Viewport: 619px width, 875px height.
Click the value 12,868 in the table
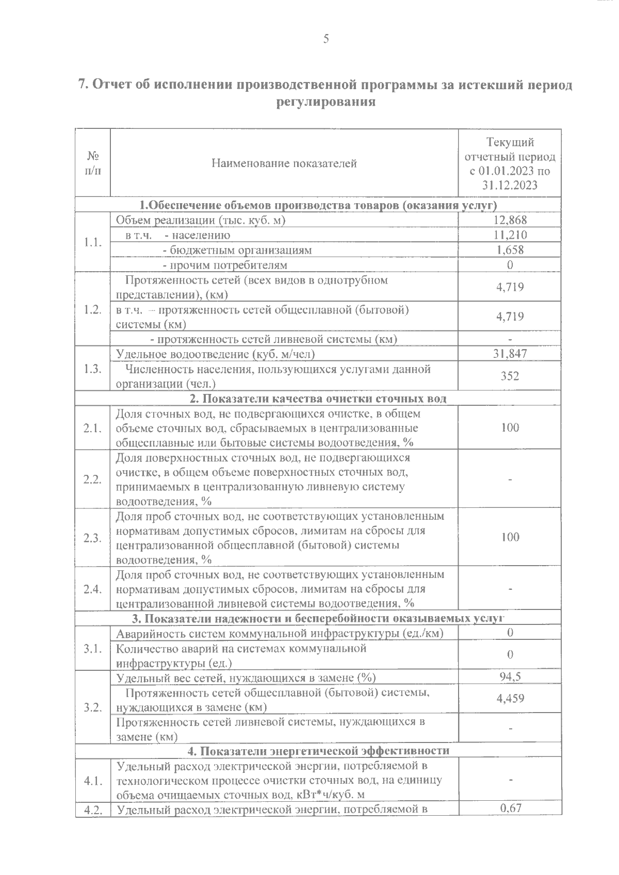click(x=510, y=220)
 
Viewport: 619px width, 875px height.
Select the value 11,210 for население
click(x=510, y=235)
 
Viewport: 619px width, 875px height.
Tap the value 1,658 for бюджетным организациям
click(x=510, y=250)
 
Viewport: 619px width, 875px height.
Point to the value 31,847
click(x=510, y=354)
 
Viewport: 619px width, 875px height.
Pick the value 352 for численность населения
click(x=510, y=376)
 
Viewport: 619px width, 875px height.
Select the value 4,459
click(x=510, y=699)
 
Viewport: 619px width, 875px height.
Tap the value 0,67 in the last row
click(x=510, y=808)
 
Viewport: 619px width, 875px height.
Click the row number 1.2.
click(x=92, y=309)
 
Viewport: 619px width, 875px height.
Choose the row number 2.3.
click(x=92, y=538)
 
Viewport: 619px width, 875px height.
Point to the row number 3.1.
click(x=92, y=648)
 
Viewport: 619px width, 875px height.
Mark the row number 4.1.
click(x=92, y=781)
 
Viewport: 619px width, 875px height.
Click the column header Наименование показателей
click(x=284, y=163)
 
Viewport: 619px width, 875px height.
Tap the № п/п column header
click(x=92, y=163)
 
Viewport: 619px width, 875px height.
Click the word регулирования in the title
click(x=325, y=102)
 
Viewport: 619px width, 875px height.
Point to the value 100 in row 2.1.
click(x=510, y=427)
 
